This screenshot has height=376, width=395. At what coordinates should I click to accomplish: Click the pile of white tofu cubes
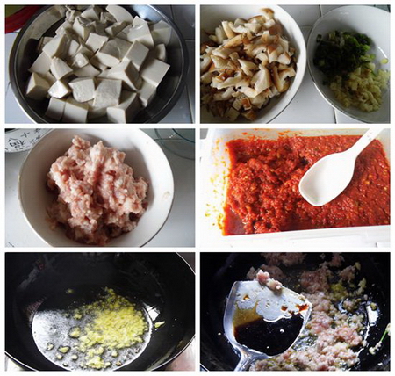coord(97,66)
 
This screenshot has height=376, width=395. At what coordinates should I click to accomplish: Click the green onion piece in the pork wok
coord(384,334)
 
